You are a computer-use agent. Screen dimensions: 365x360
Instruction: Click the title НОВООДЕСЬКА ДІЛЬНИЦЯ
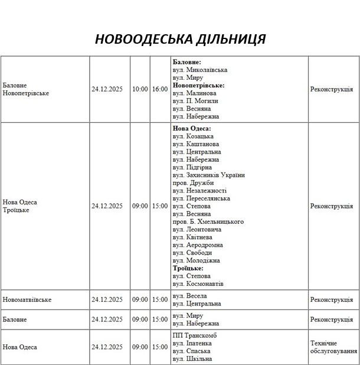click(180, 39)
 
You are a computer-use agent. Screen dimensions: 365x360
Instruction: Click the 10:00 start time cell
click(140, 89)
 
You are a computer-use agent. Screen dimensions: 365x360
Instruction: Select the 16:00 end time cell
click(159, 89)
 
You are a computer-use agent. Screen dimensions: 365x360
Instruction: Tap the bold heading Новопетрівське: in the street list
click(198, 85)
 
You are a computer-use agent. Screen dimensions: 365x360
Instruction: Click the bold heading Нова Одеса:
click(191, 128)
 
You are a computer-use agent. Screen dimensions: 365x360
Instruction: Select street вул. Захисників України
click(208, 175)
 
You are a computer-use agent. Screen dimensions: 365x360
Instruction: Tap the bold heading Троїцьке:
click(188, 268)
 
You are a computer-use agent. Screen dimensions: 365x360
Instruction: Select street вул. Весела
click(189, 296)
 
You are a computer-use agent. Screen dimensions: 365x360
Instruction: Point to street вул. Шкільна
click(192, 359)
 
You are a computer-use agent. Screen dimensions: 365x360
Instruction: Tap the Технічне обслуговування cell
click(333, 347)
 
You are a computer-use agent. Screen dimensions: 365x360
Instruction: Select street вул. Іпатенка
click(192, 343)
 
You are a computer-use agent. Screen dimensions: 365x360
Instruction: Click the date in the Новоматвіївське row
click(107, 299)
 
